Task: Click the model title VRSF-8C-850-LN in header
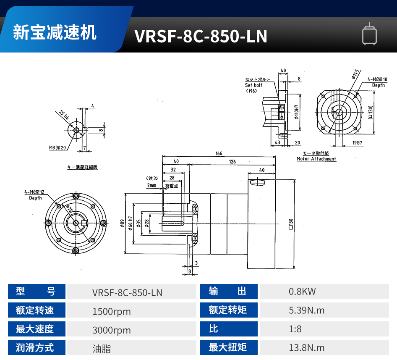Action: click(x=201, y=37)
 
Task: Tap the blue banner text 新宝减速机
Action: click(x=55, y=33)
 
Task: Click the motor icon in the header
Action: click(x=369, y=34)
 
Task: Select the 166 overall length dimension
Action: click(x=219, y=154)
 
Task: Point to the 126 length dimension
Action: click(x=232, y=162)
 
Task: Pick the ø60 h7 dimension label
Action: click(x=130, y=223)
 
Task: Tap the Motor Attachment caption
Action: click(x=316, y=159)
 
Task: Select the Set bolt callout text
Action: click(x=253, y=85)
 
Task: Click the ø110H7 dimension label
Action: click(x=296, y=113)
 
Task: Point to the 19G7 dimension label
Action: click(x=357, y=143)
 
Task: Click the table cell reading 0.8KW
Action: click(x=302, y=292)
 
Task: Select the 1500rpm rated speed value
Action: click(x=112, y=311)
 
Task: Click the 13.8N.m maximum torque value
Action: click(x=307, y=347)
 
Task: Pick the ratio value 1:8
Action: click(x=295, y=329)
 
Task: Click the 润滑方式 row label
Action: click(x=35, y=347)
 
